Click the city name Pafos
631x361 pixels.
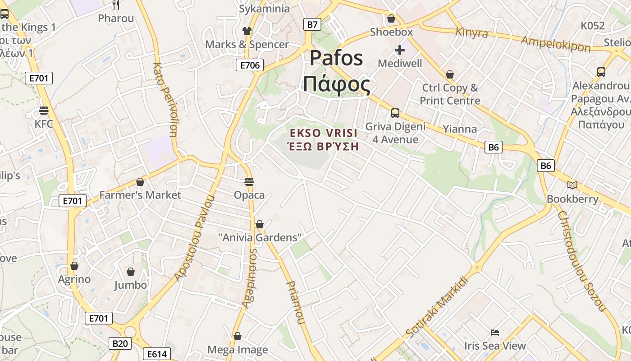[336, 58]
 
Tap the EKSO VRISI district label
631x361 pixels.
[324, 134]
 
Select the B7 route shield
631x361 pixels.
[312, 24]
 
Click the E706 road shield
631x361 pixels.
[250, 65]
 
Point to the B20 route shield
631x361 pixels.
[119, 344]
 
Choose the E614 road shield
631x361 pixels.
[157, 354]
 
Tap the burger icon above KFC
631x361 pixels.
[44, 111]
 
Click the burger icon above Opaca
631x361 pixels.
[249, 182]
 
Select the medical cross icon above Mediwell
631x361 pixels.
[400, 50]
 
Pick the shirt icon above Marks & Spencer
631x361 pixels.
[247, 31]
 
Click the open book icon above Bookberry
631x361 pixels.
[572, 185]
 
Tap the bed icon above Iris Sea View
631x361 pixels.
[495, 333]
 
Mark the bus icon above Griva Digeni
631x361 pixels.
[395, 113]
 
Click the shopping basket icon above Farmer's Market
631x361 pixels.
[140, 182]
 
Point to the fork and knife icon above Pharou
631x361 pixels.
[116, 5]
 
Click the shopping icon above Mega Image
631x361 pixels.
[238, 337]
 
